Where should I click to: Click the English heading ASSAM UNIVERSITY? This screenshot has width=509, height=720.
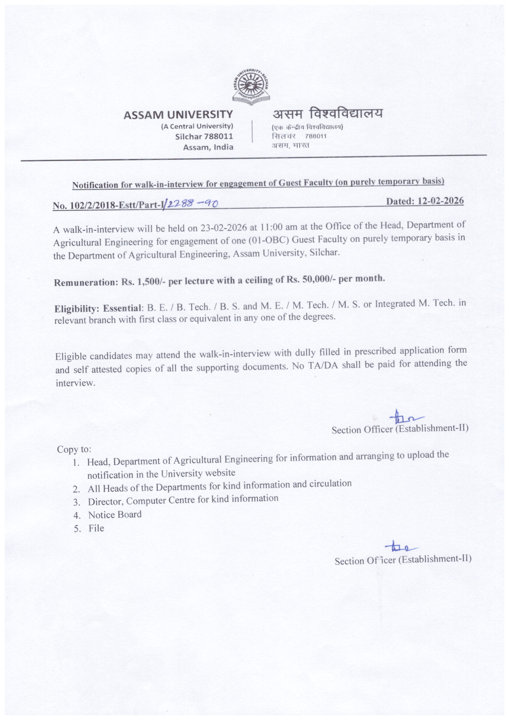pos(178,115)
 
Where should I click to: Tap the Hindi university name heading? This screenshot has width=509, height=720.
pos(327,113)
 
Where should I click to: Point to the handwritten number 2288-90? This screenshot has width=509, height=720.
pos(192,204)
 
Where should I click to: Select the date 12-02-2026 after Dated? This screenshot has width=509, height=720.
pos(441,201)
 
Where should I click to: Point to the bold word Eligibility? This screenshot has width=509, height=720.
pos(77,309)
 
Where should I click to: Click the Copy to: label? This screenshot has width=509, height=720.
pos(74,449)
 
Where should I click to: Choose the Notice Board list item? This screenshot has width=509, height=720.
pos(115,515)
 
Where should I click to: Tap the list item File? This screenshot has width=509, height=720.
pos(96,528)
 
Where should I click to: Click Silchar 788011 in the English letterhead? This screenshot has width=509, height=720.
pos(204,136)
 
